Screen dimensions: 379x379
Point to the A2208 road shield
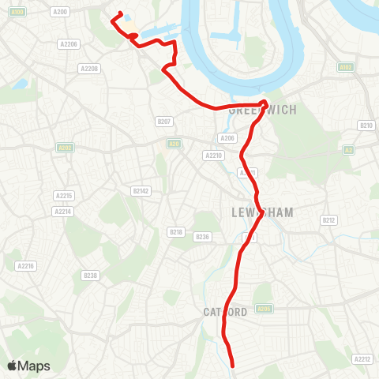(x=88, y=69)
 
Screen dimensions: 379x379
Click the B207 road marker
(x=164, y=122)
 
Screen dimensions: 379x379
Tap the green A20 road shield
(x=174, y=143)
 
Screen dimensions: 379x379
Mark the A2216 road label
(x=26, y=266)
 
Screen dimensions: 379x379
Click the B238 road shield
(x=90, y=276)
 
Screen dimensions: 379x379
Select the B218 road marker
(x=176, y=231)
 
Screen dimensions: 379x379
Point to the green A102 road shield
(x=344, y=67)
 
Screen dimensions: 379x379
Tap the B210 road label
(x=365, y=126)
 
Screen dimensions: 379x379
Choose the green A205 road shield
(x=265, y=309)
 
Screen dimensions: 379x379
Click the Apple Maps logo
(x=28, y=366)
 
